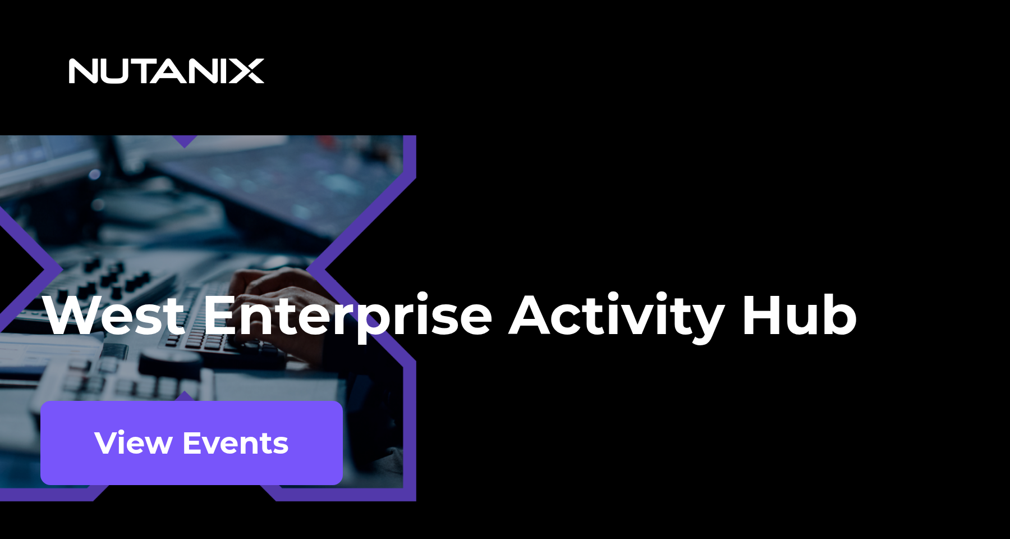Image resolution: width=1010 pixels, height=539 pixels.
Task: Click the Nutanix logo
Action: tap(166, 71)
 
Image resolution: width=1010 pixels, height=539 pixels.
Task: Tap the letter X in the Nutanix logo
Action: tap(246, 71)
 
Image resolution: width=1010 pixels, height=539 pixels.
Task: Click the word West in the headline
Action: tap(114, 316)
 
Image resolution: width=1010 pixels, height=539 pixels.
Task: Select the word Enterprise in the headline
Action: tap(347, 316)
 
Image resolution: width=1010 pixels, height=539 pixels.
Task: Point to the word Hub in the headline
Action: tap(799, 316)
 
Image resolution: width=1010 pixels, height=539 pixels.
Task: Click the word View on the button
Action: tap(133, 443)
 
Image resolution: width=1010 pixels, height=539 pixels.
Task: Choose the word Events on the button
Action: tap(236, 443)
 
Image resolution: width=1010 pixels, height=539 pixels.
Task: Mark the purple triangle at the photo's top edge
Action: tap(185, 140)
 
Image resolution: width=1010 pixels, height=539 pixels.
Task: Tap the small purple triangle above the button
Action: tap(185, 396)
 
